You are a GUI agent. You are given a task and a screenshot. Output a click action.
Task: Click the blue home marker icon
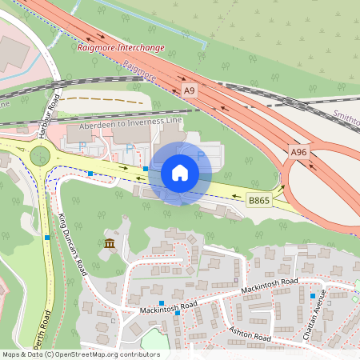(x=180, y=172)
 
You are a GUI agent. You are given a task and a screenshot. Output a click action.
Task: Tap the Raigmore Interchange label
(x=122, y=47)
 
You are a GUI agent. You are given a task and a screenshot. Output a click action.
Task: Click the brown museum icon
(x=110, y=243)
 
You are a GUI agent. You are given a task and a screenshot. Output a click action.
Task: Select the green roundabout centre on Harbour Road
(x=40, y=156)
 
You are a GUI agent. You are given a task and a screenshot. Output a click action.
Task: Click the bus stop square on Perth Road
(x=48, y=238)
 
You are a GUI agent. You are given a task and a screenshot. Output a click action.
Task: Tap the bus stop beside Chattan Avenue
(x=313, y=296)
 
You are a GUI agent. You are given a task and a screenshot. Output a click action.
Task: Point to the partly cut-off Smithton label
(x=346, y=119)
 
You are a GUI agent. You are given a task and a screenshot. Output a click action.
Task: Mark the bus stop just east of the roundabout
(x=90, y=173)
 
